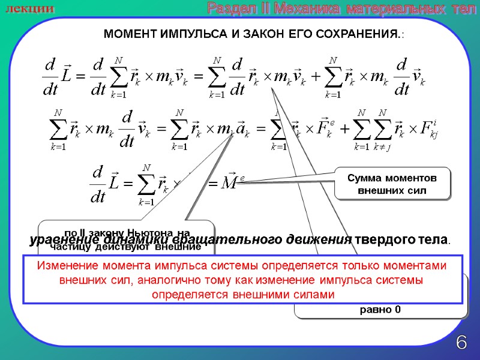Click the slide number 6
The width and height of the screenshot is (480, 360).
(x=461, y=343)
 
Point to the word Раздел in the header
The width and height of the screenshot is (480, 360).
(x=227, y=8)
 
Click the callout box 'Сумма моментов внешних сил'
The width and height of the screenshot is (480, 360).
(x=392, y=184)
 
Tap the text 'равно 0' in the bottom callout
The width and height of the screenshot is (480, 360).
(x=380, y=310)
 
